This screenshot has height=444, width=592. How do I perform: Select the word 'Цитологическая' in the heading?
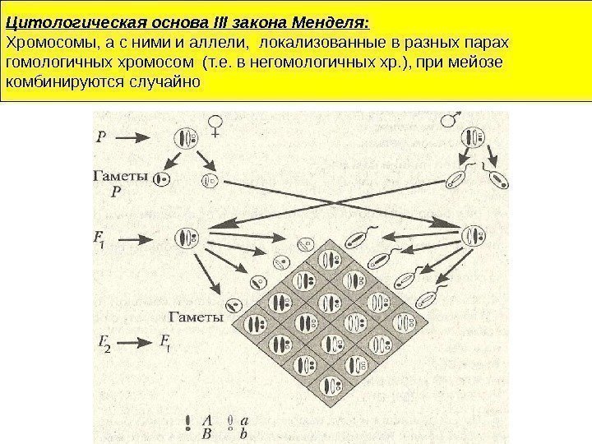pyautogui.click(x=57, y=20)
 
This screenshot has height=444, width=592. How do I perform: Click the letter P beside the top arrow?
pyautogui.click(x=100, y=138)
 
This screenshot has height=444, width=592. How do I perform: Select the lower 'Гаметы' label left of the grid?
pyautogui.click(x=196, y=315)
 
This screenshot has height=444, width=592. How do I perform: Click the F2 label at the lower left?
pyautogui.click(x=103, y=343)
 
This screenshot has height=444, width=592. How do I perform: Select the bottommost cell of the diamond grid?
pyautogui.click(x=331, y=385)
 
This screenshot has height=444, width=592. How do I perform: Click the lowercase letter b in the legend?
pyautogui.click(x=244, y=432)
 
